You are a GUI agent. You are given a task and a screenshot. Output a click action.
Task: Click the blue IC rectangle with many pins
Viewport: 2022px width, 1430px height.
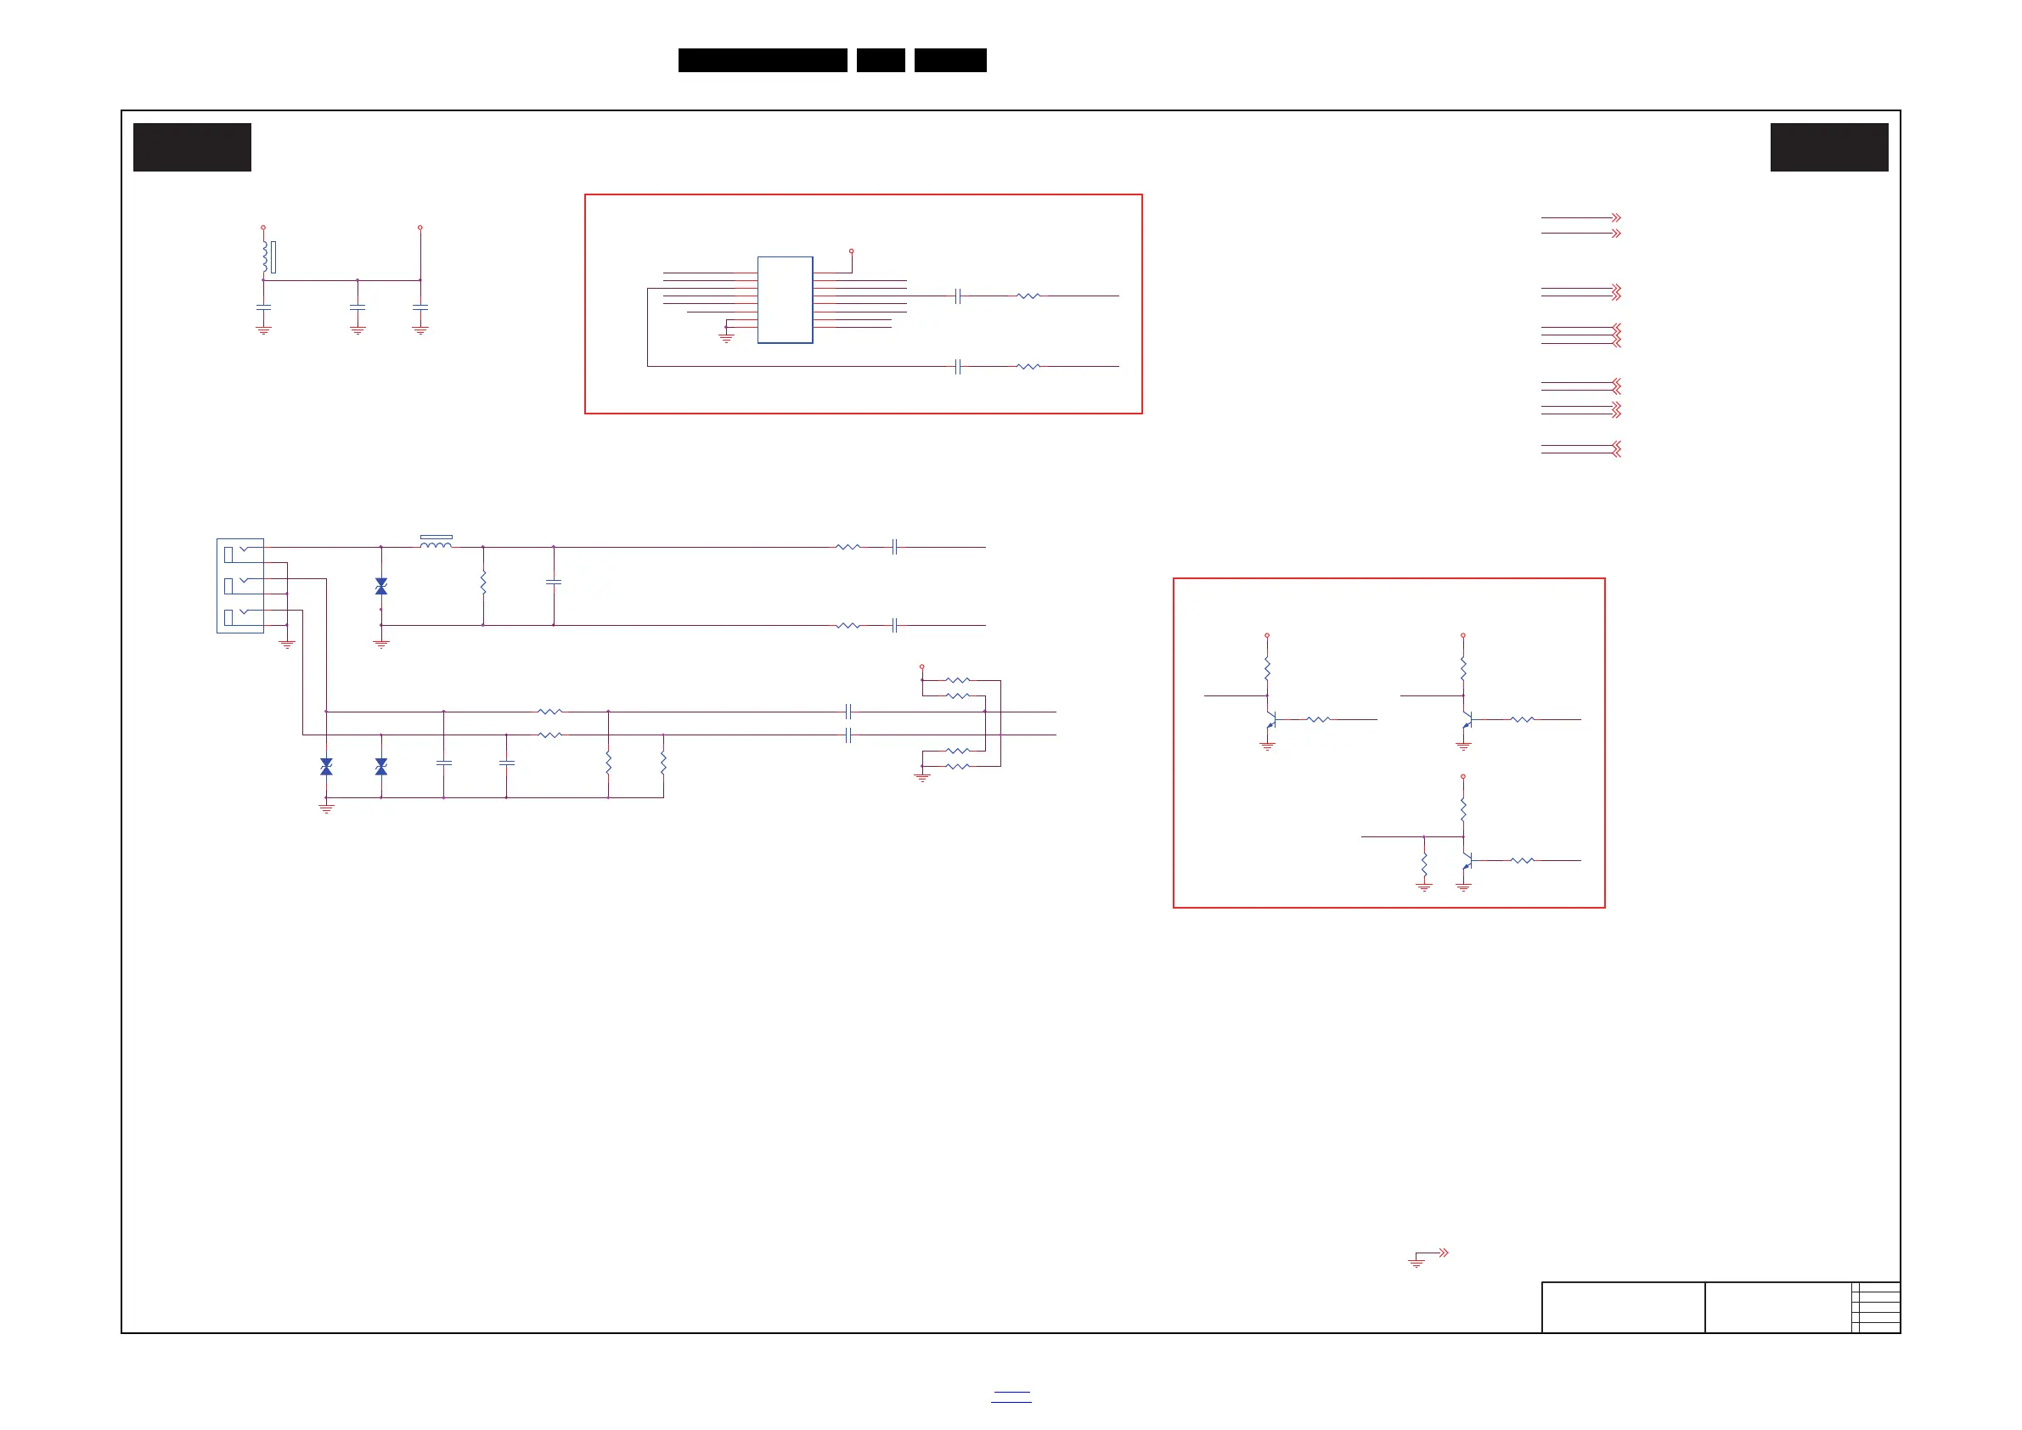[x=785, y=300]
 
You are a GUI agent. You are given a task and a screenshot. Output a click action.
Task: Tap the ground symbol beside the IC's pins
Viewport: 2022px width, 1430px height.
[x=726, y=336]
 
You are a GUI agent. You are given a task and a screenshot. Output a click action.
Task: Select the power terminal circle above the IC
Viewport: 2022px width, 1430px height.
[x=852, y=251]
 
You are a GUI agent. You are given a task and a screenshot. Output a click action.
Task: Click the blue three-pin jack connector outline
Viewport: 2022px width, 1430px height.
[x=239, y=586]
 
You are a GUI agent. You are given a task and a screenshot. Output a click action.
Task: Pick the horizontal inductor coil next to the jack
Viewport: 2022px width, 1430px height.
[x=436, y=544]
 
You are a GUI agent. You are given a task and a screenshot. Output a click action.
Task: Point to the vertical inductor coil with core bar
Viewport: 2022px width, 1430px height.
[x=265, y=256]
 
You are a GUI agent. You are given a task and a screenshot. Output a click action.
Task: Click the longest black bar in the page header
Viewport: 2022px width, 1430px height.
[x=763, y=60]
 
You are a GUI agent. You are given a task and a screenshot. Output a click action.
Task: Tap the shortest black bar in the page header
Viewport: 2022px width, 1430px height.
[x=881, y=60]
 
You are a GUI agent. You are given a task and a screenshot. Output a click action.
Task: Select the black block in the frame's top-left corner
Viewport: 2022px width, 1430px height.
[x=192, y=147]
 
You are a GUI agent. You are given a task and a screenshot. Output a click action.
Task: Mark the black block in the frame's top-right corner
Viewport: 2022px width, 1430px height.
[x=1829, y=147]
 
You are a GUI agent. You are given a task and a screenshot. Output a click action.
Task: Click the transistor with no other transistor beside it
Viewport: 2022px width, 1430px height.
[x=1467, y=861]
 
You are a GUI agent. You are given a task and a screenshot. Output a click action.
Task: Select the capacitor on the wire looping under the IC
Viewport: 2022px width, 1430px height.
[x=957, y=366]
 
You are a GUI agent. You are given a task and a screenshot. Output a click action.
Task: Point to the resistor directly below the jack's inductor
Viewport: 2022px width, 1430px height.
[x=483, y=583]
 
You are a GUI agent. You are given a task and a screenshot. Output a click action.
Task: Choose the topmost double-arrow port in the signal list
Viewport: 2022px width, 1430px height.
[x=1615, y=217]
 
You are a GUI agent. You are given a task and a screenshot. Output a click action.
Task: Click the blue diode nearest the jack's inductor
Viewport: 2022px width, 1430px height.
[x=381, y=587]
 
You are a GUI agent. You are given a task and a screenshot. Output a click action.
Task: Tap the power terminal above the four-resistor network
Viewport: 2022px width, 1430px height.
[x=922, y=667]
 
